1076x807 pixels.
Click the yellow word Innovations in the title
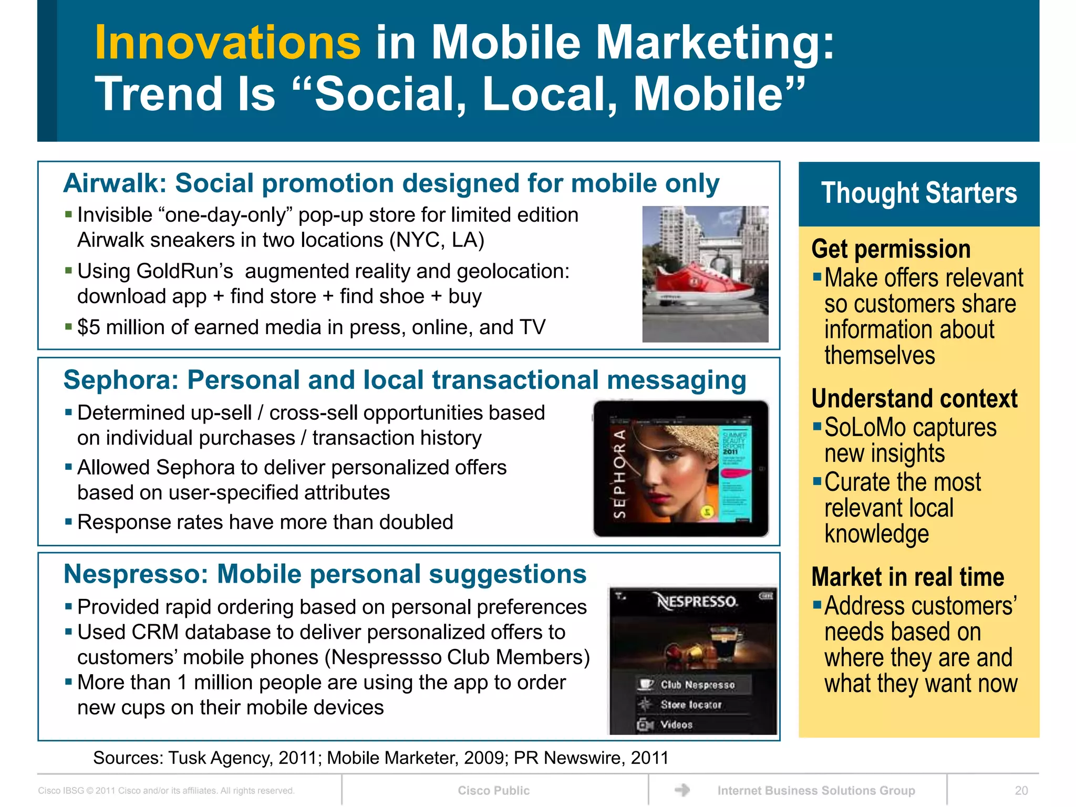227,43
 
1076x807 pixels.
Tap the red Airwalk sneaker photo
705,274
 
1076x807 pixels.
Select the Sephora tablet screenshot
681,469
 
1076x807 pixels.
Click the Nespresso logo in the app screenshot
697,601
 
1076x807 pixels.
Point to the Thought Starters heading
919,193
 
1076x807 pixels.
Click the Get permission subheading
891,249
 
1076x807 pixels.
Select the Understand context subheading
914,399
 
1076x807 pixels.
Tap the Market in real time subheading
907,577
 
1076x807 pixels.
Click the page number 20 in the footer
1021,791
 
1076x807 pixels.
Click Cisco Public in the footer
493,791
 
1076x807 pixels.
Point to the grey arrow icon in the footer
682,790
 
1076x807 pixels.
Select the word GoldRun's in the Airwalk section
184,272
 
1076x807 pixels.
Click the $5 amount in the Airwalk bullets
88,327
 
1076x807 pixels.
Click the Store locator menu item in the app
690,705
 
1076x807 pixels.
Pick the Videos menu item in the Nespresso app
676,725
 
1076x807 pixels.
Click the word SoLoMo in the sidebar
871,428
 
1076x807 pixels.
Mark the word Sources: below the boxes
128,758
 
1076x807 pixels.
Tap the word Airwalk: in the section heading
115,183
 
